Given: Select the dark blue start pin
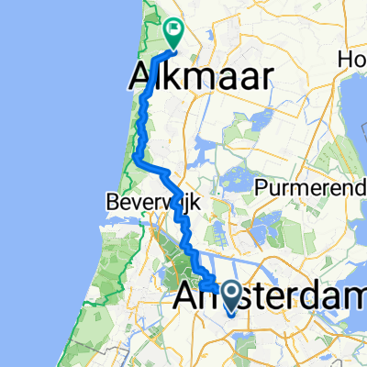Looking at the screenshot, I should (x=229, y=296).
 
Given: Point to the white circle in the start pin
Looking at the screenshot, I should (x=229, y=293).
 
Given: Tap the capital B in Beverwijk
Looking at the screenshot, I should (x=111, y=200).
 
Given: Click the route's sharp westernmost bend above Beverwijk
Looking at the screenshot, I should (x=135, y=159).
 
